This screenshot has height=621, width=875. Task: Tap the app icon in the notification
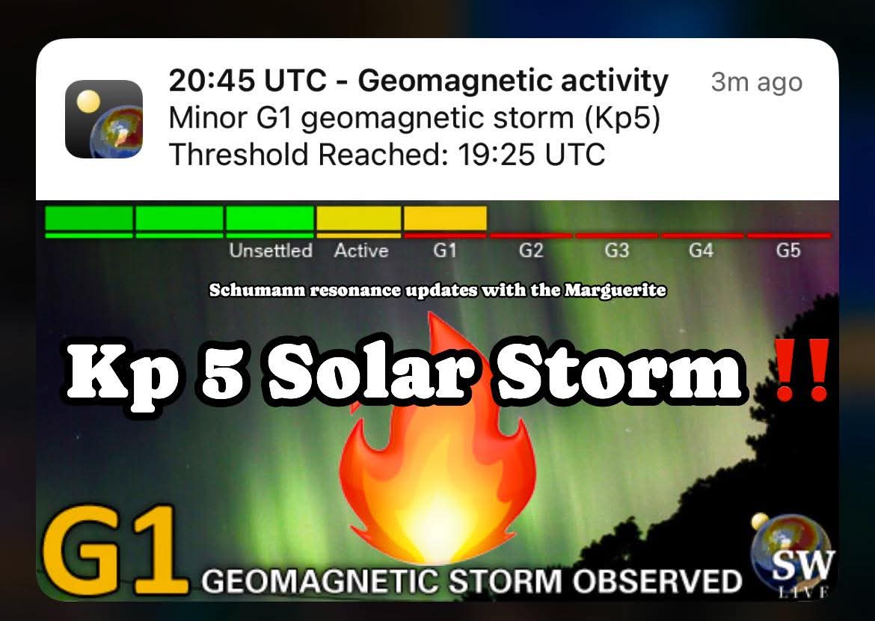[104, 119]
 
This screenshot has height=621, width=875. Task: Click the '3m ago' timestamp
[757, 82]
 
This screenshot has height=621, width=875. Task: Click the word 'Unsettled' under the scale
[271, 250]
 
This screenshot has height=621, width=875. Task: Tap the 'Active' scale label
[361, 250]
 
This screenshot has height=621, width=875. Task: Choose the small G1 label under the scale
[445, 250]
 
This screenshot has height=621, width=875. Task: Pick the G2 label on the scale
[531, 250]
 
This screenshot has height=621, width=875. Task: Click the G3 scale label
[617, 250]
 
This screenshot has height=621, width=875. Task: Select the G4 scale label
[701, 250]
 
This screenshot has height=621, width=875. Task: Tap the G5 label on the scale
[788, 250]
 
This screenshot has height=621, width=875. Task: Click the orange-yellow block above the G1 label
[445, 218]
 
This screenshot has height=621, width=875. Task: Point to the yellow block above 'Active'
[359, 218]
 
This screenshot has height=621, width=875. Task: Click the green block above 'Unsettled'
[270, 218]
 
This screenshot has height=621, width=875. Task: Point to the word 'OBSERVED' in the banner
[657, 581]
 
